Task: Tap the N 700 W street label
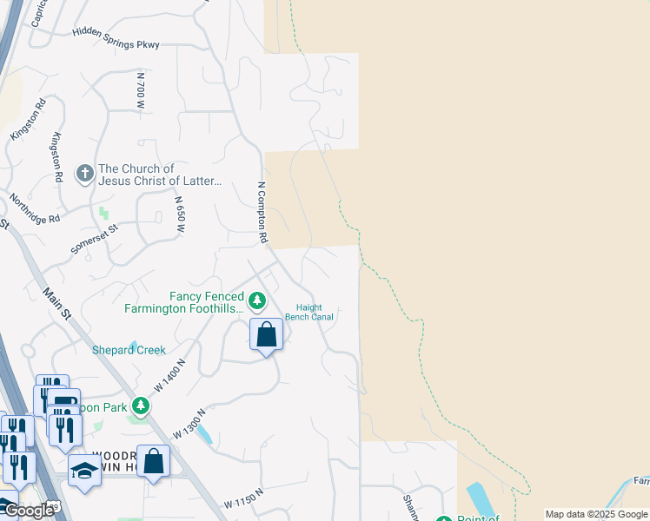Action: click(x=141, y=90)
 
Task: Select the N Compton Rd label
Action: click(x=261, y=211)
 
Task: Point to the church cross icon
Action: click(x=85, y=174)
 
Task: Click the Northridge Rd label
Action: click(x=36, y=208)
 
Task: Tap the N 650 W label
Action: click(x=181, y=217)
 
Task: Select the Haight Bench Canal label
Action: click(x=315, y=313)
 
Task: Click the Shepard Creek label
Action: click(x=129, y=350)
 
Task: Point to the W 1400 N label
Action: click(x=171, y=374)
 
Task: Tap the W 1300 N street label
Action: click(x=189, y=422)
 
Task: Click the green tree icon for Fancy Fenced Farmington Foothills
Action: click(x=256, y=300)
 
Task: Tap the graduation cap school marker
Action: click(x=84, y=471)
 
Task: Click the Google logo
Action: click(x=29, y=511)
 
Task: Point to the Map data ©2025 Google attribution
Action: click(x=596, y=514)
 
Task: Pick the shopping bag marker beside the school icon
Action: click(x=153, y=462)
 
